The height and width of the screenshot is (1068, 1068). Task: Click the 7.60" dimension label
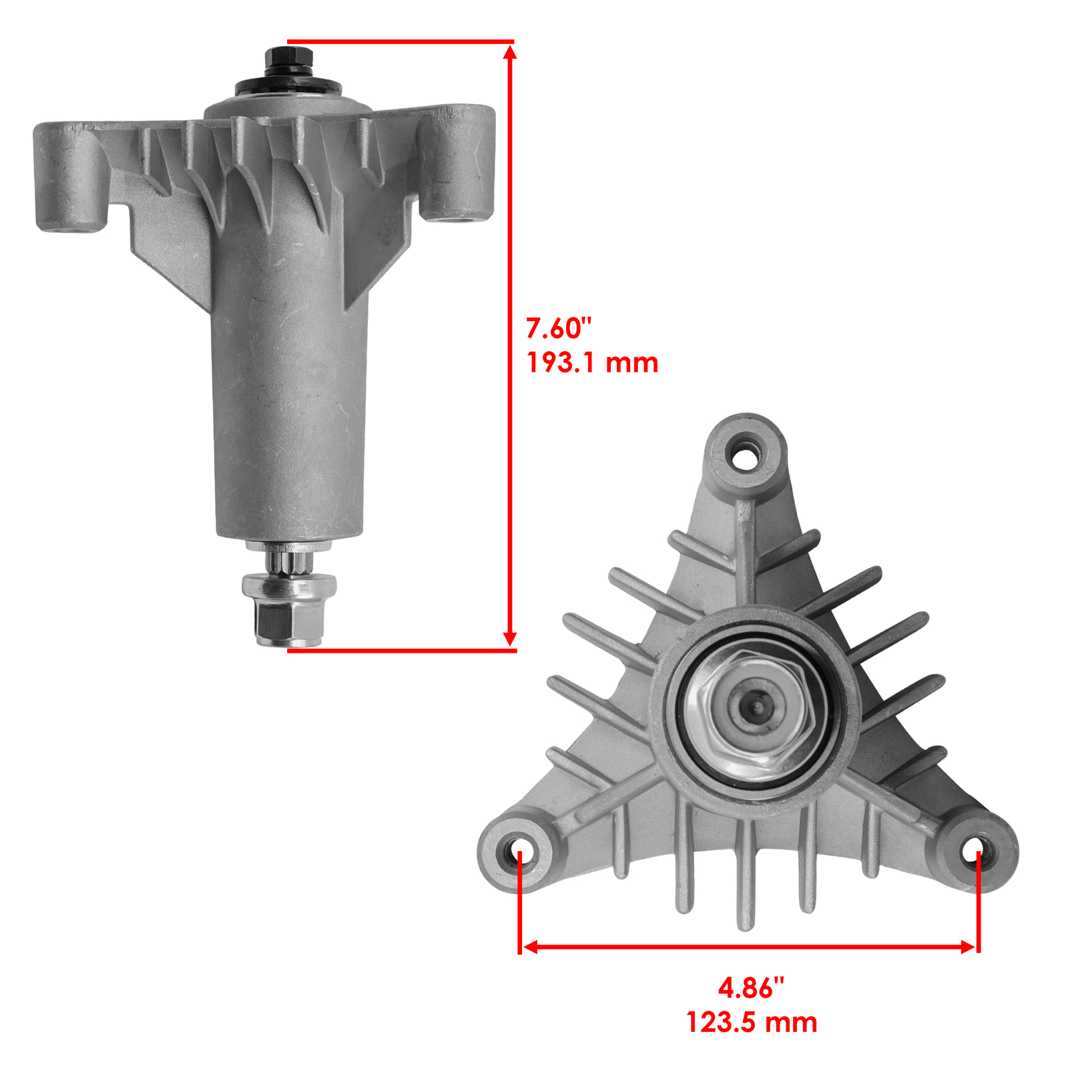click(x=559, y=328)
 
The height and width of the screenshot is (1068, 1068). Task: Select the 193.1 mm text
click(x=592, y=362)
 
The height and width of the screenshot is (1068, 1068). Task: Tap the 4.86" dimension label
click(x=751, y=987)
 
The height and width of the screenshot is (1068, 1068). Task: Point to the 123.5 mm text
click(x=752, y=1022)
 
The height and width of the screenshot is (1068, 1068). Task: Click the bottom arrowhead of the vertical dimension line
click(x=510, y=639)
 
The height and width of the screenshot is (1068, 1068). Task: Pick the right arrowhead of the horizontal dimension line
click(x=967, y=947)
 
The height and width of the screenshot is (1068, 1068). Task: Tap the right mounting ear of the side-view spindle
click(x=457, y=164)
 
